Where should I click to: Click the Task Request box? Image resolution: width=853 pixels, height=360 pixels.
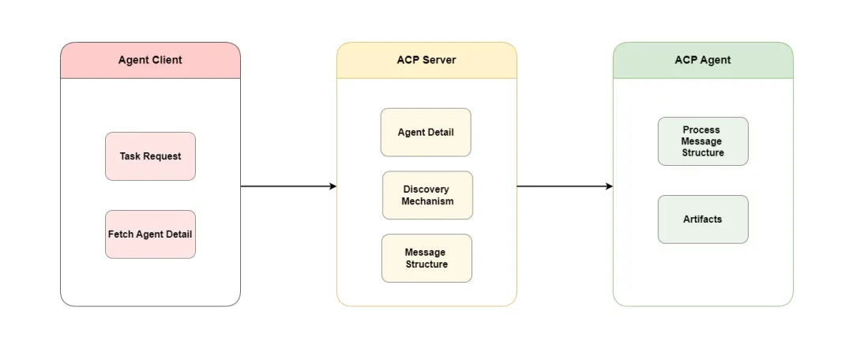click(150, 156)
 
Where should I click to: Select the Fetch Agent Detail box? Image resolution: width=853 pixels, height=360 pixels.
click(150, 234)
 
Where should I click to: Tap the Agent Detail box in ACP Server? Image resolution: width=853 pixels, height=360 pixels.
click(426, 133)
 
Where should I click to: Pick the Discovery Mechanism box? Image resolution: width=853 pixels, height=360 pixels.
click(427, 195)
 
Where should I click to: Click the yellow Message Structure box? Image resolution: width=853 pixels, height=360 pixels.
click(426, 258)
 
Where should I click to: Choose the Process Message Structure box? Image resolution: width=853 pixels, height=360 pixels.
click(703, 141)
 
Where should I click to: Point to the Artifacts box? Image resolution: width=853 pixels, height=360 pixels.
click(703, 219)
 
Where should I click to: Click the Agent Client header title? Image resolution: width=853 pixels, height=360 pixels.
click(150, 60)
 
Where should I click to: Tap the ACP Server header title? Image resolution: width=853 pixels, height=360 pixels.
click(426, 60)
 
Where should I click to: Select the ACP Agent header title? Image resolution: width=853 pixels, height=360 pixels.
click(703, 60)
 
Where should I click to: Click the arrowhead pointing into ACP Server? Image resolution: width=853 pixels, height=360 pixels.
click(333, 186)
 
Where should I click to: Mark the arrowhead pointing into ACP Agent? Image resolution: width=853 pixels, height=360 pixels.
click(609, 186)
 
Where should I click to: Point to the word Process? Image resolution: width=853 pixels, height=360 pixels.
click(702, 129)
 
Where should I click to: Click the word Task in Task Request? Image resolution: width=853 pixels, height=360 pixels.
click(130, 156)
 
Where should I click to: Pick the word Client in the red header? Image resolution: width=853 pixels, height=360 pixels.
click(167, 60)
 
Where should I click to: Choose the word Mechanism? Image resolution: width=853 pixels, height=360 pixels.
click(427, 201)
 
